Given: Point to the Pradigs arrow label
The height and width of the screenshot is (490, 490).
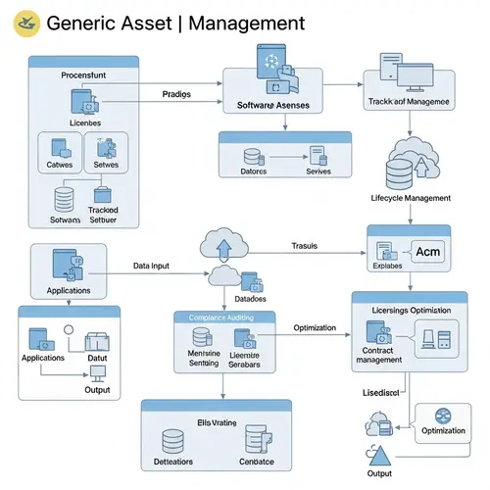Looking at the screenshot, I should (x=176, y=94).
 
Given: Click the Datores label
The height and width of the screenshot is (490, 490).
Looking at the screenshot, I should (x=253, y=171).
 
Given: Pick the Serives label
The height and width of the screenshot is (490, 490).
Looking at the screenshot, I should (x=319, y=171).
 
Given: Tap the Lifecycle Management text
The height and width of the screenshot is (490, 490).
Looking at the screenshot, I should (x=410, y=198).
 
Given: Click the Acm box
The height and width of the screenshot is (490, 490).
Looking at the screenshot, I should (x=429, y=253).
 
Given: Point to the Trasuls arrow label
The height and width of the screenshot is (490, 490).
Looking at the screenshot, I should (x=307, y=245).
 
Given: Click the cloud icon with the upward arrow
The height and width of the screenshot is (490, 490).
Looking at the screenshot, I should (x=220, y=245).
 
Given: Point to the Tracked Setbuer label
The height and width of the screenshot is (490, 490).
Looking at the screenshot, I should (x=103, y=215).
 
